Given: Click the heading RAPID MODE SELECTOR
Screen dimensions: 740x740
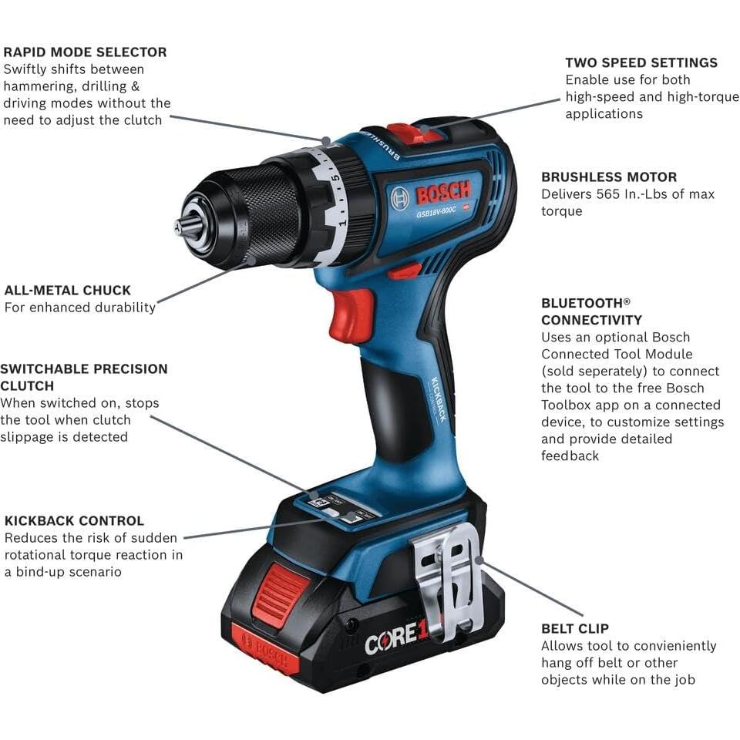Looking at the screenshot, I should [x=85, y=52].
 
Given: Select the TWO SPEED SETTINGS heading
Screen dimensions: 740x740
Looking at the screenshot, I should [x=641, y=63].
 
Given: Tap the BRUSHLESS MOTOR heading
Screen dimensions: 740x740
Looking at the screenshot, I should [x=608, y=177].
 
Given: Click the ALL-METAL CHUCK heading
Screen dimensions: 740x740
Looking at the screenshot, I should [x=68, y=291].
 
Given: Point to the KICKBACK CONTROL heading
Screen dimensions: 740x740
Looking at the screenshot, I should [x=74, y=521].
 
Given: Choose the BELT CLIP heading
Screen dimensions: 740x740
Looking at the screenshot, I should [x=575, y=629].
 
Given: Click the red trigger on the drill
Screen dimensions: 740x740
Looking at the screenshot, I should [x=351, y=316].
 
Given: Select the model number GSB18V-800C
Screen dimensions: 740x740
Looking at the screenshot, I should [x=441, y=214].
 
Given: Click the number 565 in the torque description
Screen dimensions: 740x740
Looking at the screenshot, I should [x=607, y=194].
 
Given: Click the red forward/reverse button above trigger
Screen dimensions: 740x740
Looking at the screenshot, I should [x=405, y=271].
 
